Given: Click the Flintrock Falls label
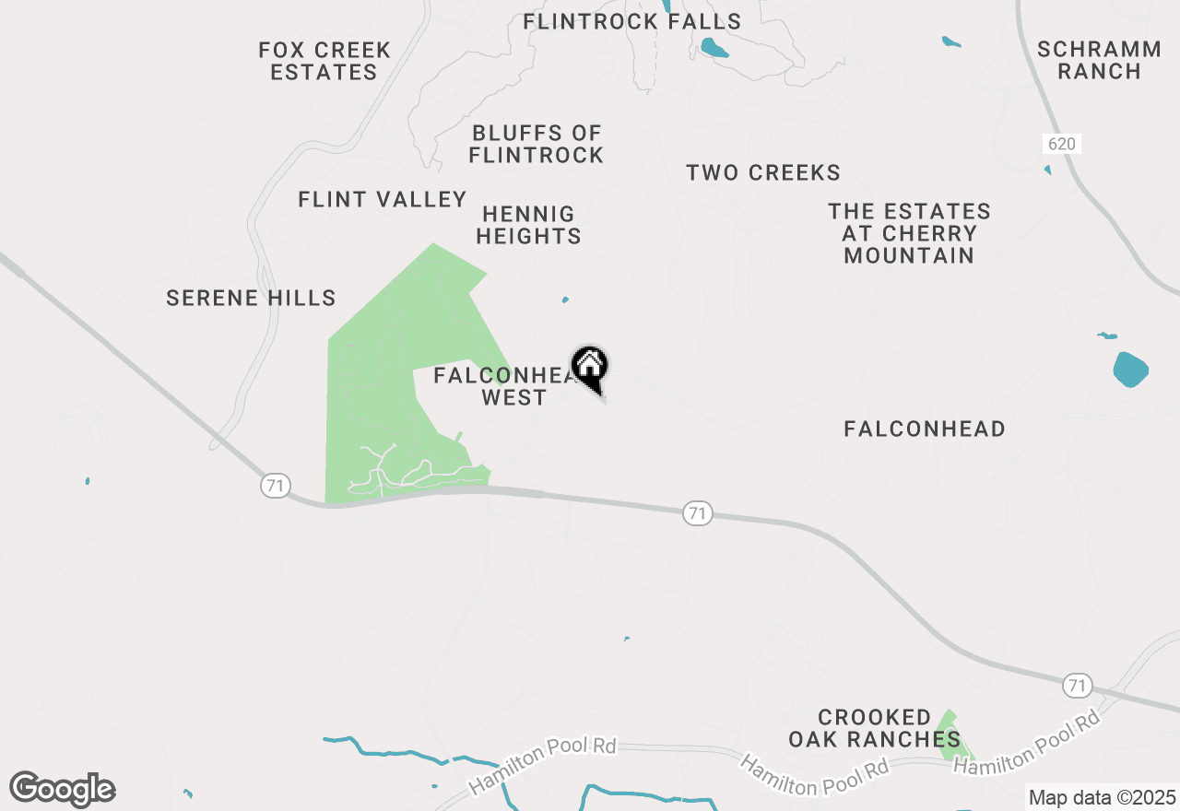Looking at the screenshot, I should point(631,21).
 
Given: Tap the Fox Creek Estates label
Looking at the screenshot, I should point(324,61).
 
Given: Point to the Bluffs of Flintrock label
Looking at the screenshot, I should point(536,145).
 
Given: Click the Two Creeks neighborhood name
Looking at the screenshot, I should point(763,172).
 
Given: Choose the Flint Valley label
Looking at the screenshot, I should point(383,199).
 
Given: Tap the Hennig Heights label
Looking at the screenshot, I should point(528,225).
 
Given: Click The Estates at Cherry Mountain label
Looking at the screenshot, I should point(909,233).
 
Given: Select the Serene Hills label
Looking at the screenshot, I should point(251,298).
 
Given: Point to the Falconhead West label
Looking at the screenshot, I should point(503,386).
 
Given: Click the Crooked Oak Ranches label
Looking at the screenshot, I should point(874,728).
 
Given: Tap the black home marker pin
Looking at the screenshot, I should point(590,368).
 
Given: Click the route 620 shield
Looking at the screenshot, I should point(1062,144).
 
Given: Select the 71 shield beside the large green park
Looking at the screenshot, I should point(276,486).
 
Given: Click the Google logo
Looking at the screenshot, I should point(62,790).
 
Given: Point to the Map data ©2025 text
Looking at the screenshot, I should point(1102,797).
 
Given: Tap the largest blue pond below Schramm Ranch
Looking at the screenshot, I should point(1130,369).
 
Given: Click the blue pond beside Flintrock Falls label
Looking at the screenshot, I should point(712,48).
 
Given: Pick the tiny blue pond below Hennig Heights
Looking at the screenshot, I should point(565,300).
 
